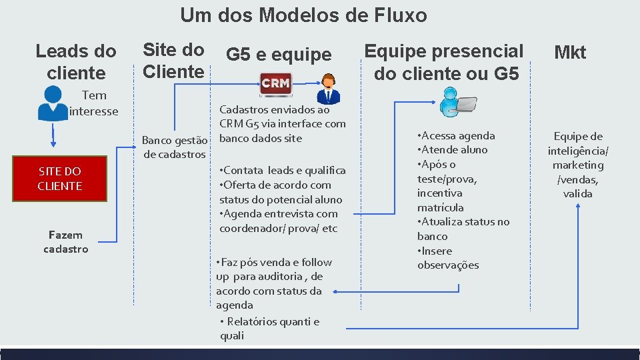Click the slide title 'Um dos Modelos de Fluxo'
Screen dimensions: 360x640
[x=303, y=15]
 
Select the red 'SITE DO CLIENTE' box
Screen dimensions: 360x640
[x=60, y=179]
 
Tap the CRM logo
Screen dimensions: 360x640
[x=275, y=83]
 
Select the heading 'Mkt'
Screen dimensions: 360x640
[x=570, y=53]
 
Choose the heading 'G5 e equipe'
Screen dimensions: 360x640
[x=279, y=55]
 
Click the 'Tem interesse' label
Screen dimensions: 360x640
[x=93, y=103]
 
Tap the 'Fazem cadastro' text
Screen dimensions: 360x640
[x=65, y=241]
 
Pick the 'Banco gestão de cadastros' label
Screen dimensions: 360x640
[x=175, y=147]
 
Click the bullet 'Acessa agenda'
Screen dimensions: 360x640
[x=456, y=135]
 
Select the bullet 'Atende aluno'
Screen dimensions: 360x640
[x=453, y=150]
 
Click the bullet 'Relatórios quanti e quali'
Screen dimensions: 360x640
[x=269, y=329]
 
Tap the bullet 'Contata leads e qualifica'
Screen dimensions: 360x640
[x=283, y=171]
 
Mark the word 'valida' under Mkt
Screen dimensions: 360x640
[x=577, y=194]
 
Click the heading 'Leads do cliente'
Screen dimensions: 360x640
[x=76, y=61]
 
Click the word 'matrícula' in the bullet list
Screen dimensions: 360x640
[x=440, y=207]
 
